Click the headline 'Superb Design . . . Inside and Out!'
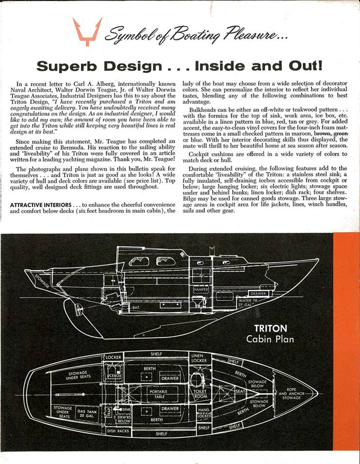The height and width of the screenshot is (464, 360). (x=180, y=66)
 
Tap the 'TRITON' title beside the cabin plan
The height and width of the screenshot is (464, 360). (x=271, y=328)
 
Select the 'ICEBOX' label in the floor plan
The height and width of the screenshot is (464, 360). (x=114, y=376)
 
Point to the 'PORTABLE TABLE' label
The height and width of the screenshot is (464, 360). (x=158, y=394)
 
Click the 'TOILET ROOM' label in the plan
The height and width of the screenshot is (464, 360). (x=200, y=394)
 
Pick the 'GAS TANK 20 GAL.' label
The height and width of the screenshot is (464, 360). (x=87, y=413)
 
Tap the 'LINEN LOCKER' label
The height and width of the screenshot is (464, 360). (x=197, y=358)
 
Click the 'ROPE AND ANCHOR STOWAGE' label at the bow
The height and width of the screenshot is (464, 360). (x=291, y=393)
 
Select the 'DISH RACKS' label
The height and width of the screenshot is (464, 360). (x=118, y=431)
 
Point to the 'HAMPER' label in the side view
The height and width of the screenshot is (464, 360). (x=201, y=289)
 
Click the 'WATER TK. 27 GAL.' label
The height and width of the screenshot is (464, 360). (x=245, y=303)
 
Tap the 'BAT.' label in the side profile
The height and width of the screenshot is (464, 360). (x=136, y=308)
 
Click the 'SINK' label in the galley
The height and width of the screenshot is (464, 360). (x=126, y=410)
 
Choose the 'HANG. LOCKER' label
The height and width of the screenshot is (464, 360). (x=204, y=413)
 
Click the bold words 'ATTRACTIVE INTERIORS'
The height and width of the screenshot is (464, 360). (x=41, y=205)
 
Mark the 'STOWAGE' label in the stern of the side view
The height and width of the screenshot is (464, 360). (x=42, y=281)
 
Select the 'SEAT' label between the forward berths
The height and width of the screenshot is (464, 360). (x=240, y=391)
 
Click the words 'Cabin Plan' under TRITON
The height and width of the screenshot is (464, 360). (x=270, y=339)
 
